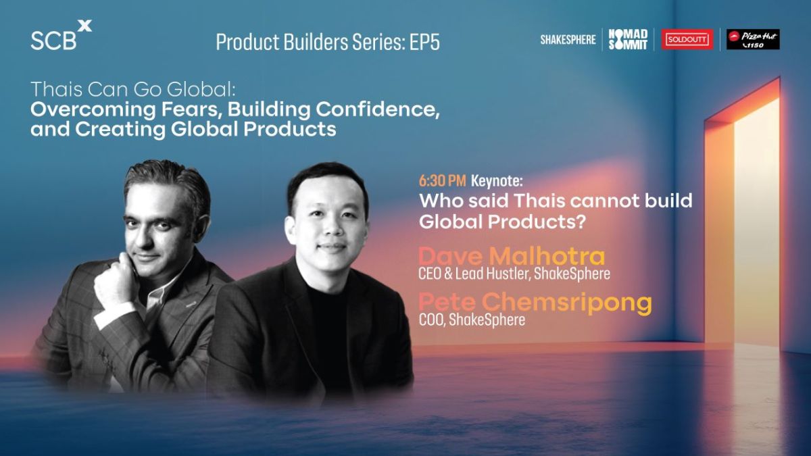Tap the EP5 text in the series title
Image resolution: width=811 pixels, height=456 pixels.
pyautogui.click(x=424, y=43)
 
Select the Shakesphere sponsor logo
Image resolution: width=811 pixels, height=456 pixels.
pyautogui.click(x=568, y=40)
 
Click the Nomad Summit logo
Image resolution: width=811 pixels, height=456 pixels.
pyautogui.click(x=628, y=39)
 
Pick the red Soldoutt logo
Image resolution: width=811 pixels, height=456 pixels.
pyautogui.click(x=687, y=39)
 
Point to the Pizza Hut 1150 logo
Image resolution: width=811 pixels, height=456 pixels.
pyautogui.click(x=753, y=39)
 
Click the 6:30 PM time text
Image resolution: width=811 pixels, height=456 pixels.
pyautogui.click(x=443, y=181)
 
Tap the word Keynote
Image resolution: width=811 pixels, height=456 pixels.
pyautogui.click(x=497, y=181)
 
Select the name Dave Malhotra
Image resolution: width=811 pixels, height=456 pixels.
pyautogui.click(x=512, y=257)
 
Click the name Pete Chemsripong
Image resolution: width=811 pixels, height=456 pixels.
pyautogui.click(x=535, y=303)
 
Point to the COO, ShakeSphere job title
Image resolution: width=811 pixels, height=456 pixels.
pyautogui.click(x=472, y=320)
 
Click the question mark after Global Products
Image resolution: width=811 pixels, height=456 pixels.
pyautogui.click(x=581, y=222)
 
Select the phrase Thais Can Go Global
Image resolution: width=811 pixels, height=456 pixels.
pyautogui.click(x=133, y=89)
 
